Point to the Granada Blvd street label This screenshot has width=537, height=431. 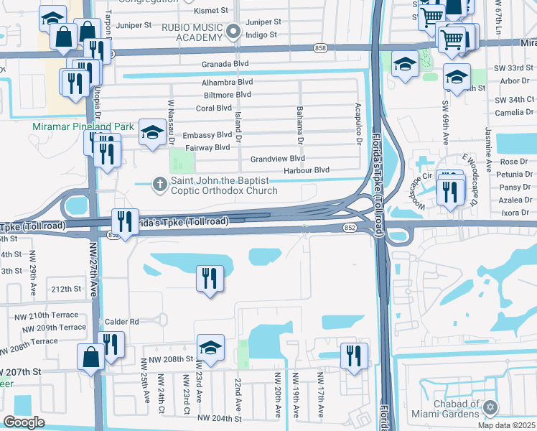[x=226, y=64]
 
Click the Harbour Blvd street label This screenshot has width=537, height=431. [x=307, y=170]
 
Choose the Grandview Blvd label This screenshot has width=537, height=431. [x=278, y=159]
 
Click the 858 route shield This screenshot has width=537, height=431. [x=320, y=47]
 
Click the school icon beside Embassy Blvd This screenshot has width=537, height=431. [x=152, y=131]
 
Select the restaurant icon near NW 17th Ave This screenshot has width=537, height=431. [x=354, y=356]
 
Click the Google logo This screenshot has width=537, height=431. [x=24, y=422]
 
